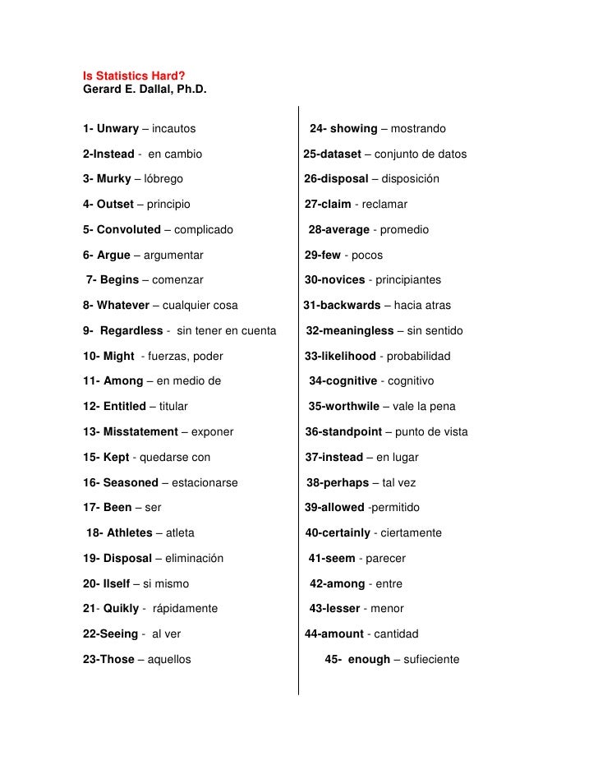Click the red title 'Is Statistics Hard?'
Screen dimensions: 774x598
pyautogui.click(x=133, y=77)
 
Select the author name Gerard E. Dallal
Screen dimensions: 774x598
pyautogui.click(x=145, y=90)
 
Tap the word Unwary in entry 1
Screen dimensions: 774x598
pyautogui.click(x=117, y=129)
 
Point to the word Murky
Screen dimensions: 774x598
pyautogui.click(x=113, y=178)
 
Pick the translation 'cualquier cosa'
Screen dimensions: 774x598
pyautogui.click(x=200, y=306)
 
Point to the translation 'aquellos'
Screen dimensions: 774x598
pyautogui.click(x=169, y=659)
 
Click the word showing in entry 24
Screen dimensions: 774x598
pyautogui.click(x=354, y=129)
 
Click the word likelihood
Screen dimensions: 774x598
pyautogui.click(x=348, y=356)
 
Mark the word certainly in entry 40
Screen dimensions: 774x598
pyautogui.click(x=346, y=533)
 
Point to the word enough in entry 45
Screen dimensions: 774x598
pyautogui.click(x=369, y=659)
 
